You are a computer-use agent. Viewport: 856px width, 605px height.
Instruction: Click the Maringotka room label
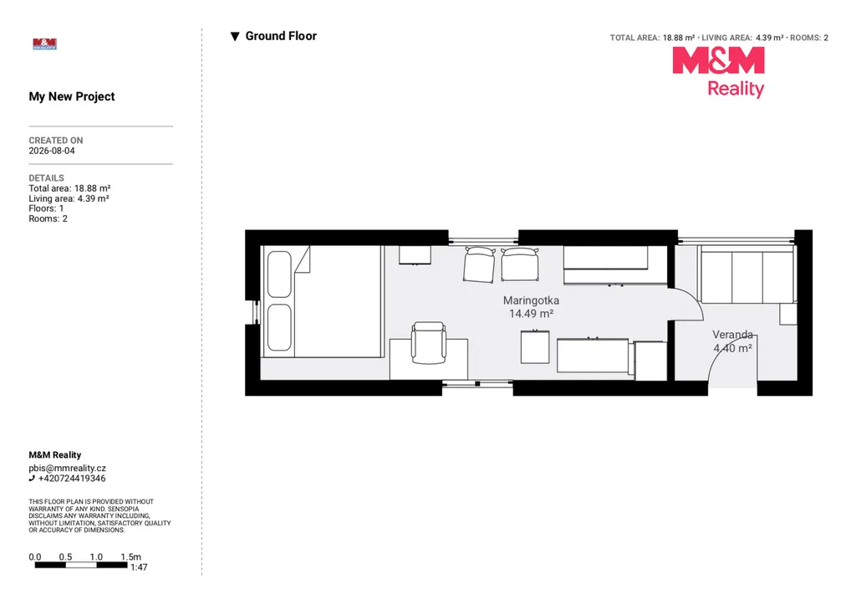531,300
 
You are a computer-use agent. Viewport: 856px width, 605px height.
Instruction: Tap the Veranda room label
732,335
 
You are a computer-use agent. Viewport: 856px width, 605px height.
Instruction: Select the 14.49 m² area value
531,314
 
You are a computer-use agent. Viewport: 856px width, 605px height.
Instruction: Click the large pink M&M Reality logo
718,72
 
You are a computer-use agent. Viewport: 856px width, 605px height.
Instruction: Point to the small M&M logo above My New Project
45,44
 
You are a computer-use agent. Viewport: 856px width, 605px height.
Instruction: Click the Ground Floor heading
281,36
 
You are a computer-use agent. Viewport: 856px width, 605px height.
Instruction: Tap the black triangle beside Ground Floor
235,37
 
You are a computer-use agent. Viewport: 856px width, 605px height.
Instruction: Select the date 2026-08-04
52,151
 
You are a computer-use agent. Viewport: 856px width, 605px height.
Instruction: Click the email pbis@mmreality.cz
67,469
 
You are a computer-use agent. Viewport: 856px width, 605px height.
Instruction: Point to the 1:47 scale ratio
139,567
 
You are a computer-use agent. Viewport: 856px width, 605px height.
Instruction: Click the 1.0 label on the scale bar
96,557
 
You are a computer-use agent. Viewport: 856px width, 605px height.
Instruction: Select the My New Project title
72,97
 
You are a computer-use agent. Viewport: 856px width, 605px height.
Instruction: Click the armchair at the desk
429,343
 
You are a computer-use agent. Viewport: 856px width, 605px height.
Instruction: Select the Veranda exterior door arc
721,350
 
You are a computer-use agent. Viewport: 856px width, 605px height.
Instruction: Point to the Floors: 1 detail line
46,208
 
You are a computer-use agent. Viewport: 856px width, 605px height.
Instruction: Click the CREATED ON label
56,141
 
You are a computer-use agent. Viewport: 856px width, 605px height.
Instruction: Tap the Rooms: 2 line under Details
48,218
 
